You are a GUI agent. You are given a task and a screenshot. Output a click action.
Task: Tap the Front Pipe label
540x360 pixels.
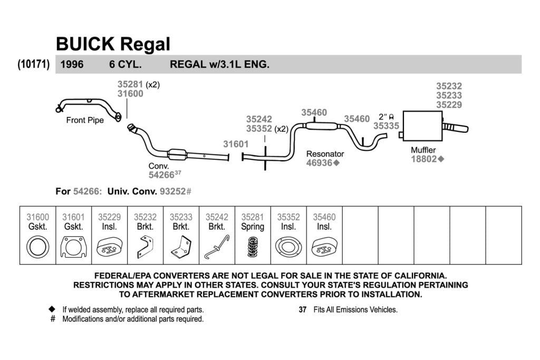[x=85, y=120]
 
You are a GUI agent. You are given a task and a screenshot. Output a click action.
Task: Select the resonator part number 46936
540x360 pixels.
[x=319, y=163]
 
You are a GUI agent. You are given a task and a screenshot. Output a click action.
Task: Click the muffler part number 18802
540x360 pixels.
[x=423, y=159]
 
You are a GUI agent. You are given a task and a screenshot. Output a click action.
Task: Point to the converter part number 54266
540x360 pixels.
[x=161, y=175]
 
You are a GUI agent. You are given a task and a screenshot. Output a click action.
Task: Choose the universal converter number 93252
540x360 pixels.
[x=172, y=191]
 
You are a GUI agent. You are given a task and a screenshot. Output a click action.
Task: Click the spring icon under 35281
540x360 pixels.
[x=253, y=247]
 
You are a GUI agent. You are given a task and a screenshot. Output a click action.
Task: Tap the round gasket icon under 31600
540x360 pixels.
[x=37, y=247]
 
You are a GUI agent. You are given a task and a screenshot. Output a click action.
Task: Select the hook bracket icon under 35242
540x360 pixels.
[x=217, y=247]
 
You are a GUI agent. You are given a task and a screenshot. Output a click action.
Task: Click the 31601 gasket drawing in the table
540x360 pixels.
[x=73, y=247]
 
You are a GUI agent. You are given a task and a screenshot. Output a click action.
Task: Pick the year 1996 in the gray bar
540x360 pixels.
[x=72, y=64]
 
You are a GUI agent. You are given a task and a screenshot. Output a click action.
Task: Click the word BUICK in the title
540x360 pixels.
[x=85, y=44]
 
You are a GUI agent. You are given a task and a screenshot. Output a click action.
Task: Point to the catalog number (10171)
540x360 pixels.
[x=33, y=64]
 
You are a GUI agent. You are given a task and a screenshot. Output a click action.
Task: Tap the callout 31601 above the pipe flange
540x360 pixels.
[x=236, y=144]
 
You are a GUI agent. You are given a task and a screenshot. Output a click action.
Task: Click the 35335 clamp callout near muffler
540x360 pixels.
[x=386, y=126]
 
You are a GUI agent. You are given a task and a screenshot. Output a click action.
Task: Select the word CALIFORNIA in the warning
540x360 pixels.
[x=420, y=276]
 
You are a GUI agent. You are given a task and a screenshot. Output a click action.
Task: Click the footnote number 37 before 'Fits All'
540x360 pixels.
[x=302, y=310]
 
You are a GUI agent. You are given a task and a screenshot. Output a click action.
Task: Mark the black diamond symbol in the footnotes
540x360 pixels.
[x=52, y=309]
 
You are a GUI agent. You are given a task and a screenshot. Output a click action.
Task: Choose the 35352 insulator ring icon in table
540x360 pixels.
[x=288, y=247]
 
